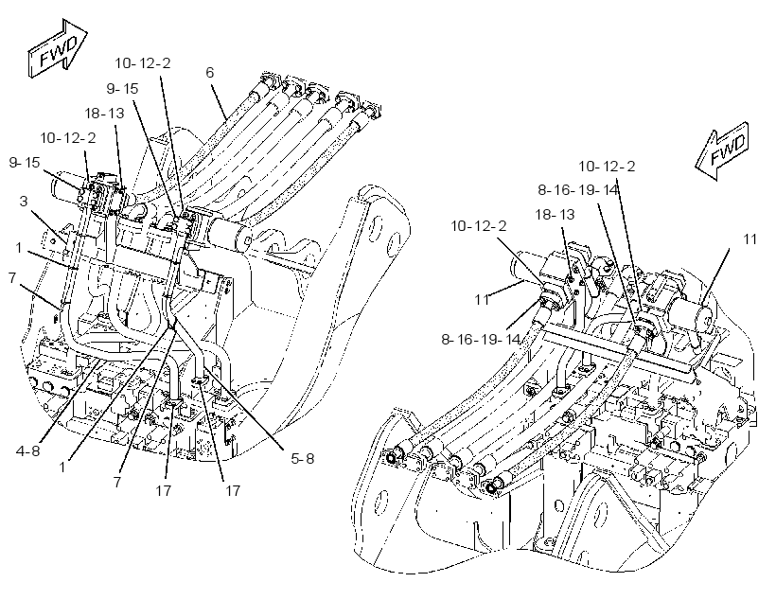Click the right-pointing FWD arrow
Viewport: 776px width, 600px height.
pos(57,48)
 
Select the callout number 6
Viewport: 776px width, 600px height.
pos(210,72)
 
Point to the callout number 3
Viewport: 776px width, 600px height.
pos(24,201)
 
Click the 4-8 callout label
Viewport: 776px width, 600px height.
pos(27,451)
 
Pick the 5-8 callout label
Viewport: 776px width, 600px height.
pos(302,458)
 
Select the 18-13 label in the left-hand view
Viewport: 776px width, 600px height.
pos(104,113)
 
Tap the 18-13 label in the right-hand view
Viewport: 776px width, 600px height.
pos(555,214)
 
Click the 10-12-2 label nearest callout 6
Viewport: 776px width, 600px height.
pos(143,62)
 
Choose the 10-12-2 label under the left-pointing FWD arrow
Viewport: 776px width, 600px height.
pos(607,166)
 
